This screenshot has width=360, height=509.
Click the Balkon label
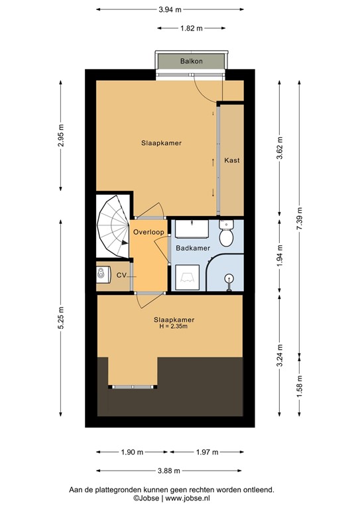click(x=191, y=62)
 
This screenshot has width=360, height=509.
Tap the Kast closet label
click(x=231, y=160)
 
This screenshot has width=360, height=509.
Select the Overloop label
click(x=148, y=233)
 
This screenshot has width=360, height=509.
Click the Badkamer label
click(x=192, y=248)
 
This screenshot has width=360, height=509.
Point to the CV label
click(x=121, y=274)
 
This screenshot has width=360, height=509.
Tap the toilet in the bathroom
click(x=226, y=235)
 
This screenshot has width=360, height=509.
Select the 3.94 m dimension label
click(x=170, y=9)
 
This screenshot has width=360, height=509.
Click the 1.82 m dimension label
click(x=191, y=28)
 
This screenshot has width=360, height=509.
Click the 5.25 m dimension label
click(x=61, y=313)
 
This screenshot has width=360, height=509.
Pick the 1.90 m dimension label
click(x=132, y=452)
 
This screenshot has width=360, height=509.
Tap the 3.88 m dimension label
click(x=170, y=471)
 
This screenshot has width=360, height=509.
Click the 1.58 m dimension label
click(x=298, y=383)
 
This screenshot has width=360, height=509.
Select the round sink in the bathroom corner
click(x=230, y=278)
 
